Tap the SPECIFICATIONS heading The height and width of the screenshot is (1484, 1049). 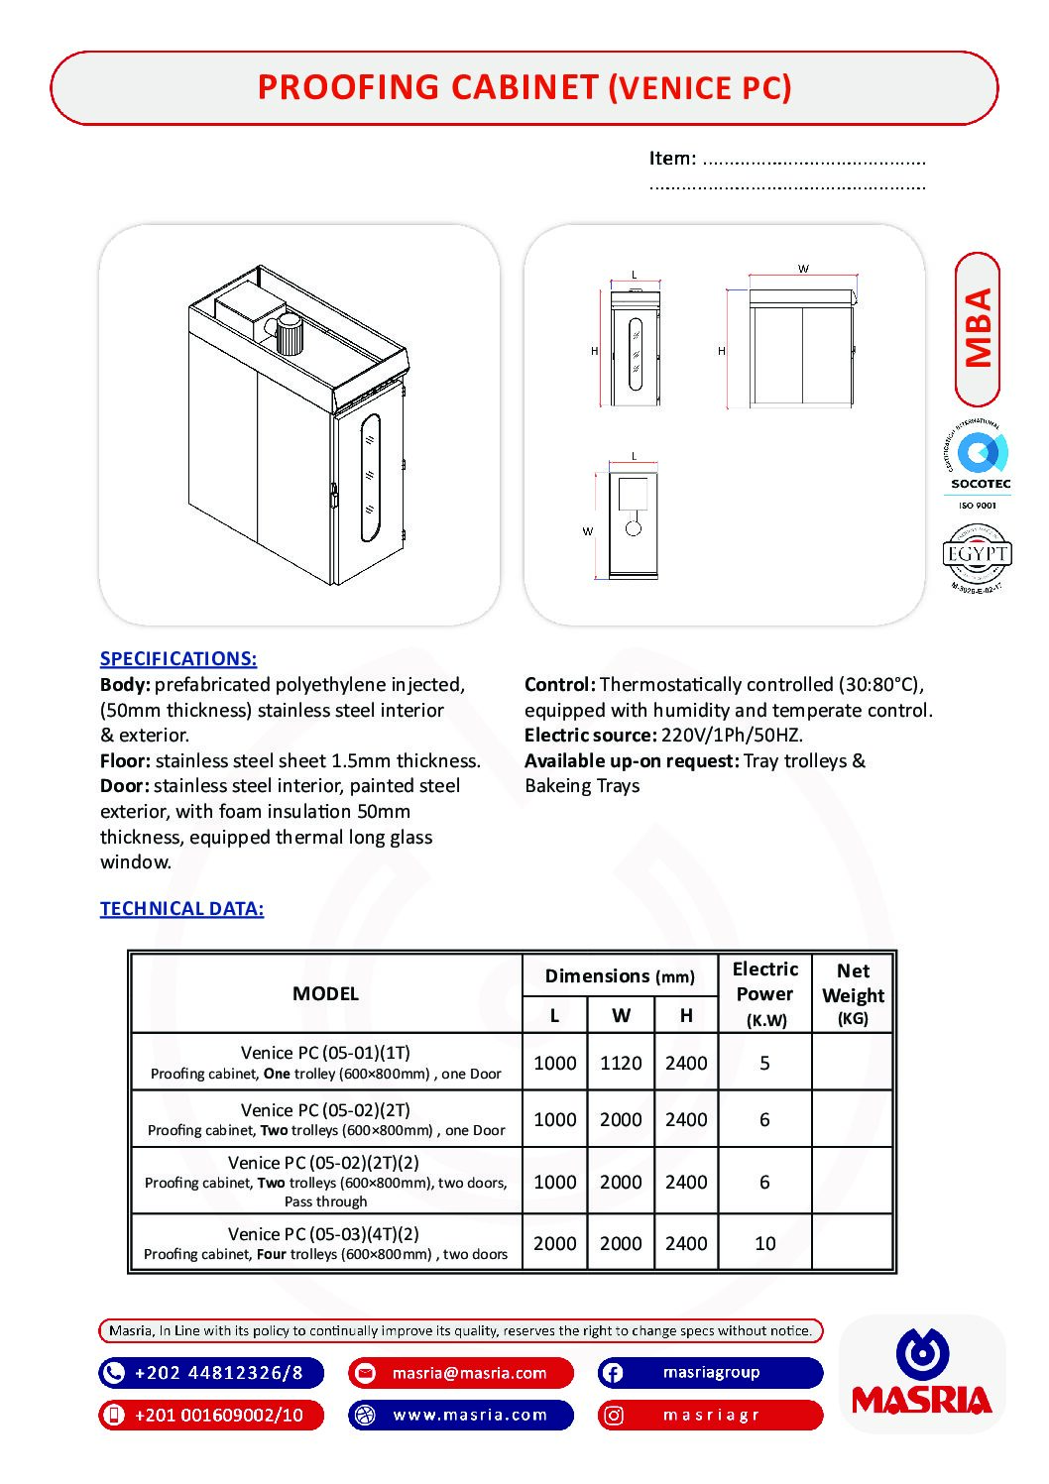pyautogui.click(x=178, y=658)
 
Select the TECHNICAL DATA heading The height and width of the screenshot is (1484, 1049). pyautogui.click(x=181, y=908)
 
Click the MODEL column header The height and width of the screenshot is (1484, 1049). pyautogui.click(x=325, y=993)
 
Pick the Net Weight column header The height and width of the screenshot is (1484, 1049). pyautogui.click(x=853, y=993)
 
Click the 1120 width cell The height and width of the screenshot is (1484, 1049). pyautogui.click(x=621, y=1063)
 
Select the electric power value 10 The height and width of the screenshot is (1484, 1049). pyautogui.click(x=764, y=1243)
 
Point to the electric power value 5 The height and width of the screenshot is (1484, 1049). pyautogui.click(x=764, y=1063)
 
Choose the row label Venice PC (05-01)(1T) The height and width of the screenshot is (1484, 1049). pyautogui.click(x=325, y=1053)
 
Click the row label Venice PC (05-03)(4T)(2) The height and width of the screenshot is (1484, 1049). pyautogui.click(x=323, y=1234)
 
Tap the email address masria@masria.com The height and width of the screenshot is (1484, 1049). pyautogui.click(x=469, y=1373)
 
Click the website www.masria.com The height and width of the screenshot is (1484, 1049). pyautogui.click(x=470, y=1415)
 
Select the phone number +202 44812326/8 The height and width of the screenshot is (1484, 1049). pyautogui.click(x=218, y=1373)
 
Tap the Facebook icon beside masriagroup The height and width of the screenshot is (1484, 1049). pyautogui.click(x=613, y=1373)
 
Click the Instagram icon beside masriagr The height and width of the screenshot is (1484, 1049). pyautogui.click(x=614, y=1416)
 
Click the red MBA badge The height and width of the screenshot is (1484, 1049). pyautogui.click(x=978, y=329)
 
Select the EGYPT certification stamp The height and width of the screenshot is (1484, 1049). pyautogui.click(x=977, y=555)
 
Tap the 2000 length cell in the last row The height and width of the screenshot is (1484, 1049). pyautogui.click(x=554, y=1243)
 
